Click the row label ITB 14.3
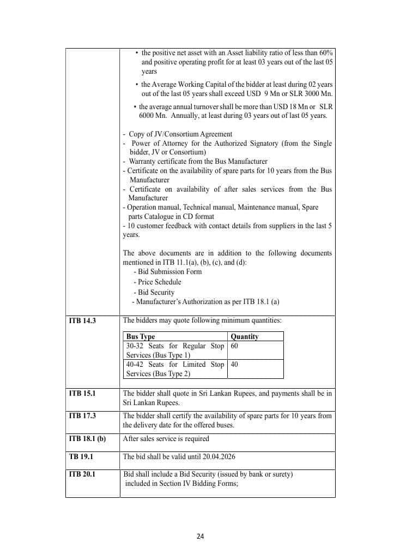tap(82, 320)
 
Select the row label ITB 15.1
tap(82, 393)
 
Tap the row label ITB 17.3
tap(82, 415)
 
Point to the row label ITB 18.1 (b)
tap(87, 438)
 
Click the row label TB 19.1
tap(81, 456)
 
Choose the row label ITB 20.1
tap(82, 474)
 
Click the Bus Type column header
tap(141, 337)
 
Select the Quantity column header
tap(245, 337)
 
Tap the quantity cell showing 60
tap(235, 346)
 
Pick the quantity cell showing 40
tap(235, 365)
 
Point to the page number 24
tap(200, 536)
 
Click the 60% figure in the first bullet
tap(325, 52)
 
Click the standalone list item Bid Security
tap(156, 292)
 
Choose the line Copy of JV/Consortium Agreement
tap(180, 134)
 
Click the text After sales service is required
tap(166, 438)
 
